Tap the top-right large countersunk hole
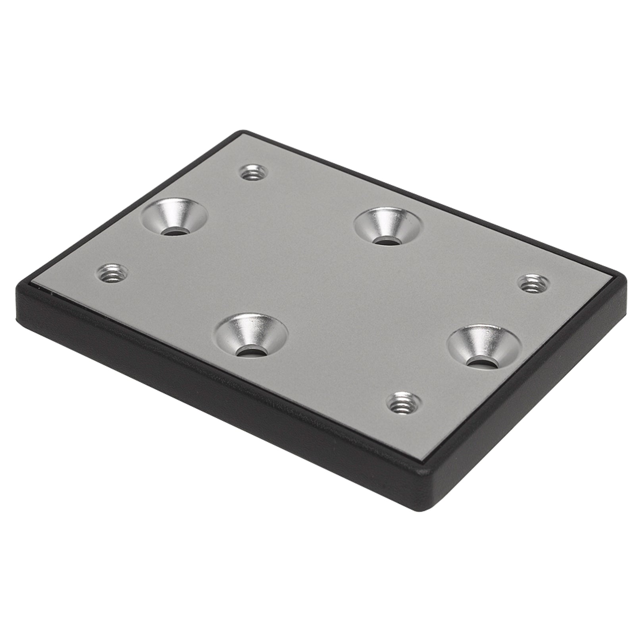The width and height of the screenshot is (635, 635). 389,227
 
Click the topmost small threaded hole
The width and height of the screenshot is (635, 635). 254,173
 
